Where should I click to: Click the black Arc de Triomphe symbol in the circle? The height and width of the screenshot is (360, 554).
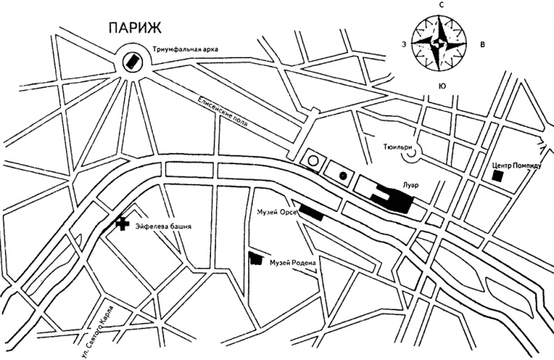click(130, 62)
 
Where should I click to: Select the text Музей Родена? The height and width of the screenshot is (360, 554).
click(294, 263)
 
